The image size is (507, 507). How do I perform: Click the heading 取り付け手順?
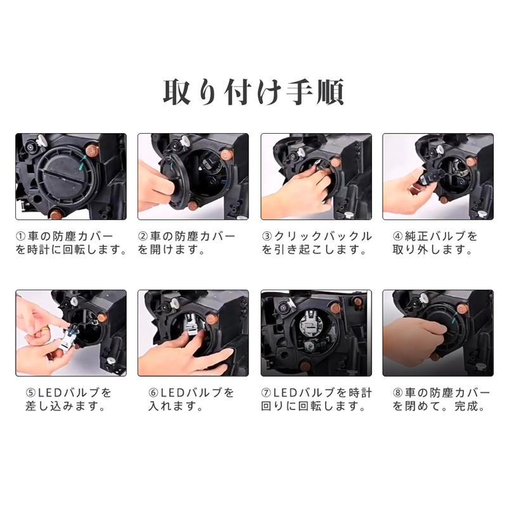(x=253, y=92)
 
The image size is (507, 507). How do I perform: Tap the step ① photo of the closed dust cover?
(x=71, y=177)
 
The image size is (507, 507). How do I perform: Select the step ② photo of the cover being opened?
(x=193, y=177)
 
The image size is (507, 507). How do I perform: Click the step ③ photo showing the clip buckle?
(x=316, y=177)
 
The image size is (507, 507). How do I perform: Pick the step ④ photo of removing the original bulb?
(x=438, y=177)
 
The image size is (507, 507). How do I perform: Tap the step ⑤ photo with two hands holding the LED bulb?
(x=71, y=333)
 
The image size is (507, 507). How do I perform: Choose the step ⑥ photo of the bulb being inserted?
(x=193, y=333)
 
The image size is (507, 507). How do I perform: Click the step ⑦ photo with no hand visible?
(x=316, y=333)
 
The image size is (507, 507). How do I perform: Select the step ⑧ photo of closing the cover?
(x=438, y=333)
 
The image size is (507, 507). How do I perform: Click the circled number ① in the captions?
(x=20, y=236)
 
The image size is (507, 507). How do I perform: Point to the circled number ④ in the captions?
(x=398, y=236)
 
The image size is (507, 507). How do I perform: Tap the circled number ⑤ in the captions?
(x=30, y=393)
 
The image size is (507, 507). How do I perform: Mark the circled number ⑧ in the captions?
(x=398, y=393)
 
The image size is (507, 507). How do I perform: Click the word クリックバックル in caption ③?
(x=323, y=236)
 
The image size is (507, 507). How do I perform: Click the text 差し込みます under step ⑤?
(x=61, y=406)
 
